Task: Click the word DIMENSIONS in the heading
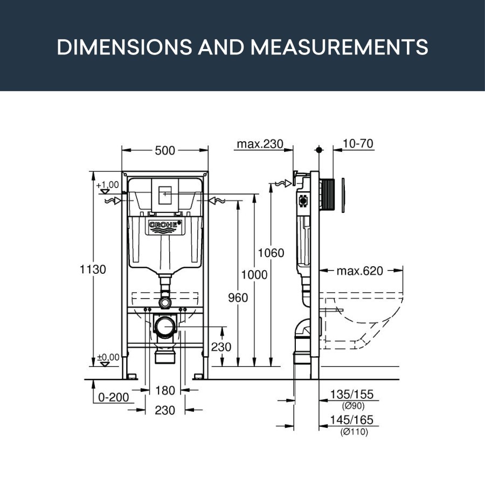point(124,47)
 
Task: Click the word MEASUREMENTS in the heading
point(339,47)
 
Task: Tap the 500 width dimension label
point(165,151)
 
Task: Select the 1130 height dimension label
point(93,269)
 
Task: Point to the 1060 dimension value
point(271,253)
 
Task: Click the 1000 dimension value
point(254,275)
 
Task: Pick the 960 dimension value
point(238,298)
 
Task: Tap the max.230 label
point(260,144)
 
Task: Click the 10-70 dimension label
point(358,143)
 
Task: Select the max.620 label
point(360,271)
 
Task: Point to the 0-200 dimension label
point(114,398)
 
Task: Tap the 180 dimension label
point(165,391)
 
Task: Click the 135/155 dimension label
point(352,394)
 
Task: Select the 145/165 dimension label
point(352,420)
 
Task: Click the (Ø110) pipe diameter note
point(354,432)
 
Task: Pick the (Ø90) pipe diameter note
point(353,405)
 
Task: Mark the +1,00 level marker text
point(108,185)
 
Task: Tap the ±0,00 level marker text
point(108,357)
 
